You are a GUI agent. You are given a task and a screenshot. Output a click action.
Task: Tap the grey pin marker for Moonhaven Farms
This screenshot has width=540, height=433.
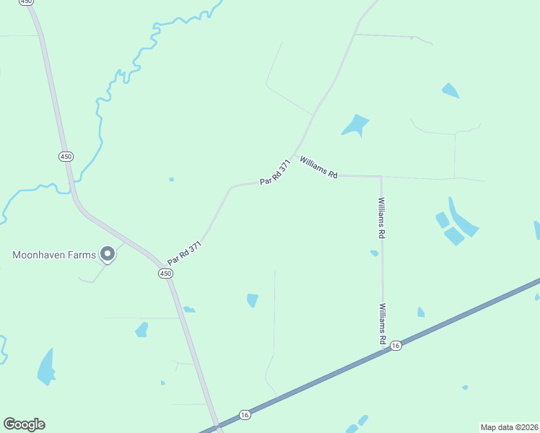(x=108, y=253)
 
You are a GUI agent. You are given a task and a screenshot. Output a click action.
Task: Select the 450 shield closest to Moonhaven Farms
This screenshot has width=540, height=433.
(x=166, y=273)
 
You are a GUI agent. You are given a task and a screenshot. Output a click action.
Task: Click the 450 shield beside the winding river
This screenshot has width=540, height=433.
(x=66, y=156)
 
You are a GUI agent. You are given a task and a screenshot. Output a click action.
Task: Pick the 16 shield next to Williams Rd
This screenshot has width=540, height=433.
(x=396, y=346)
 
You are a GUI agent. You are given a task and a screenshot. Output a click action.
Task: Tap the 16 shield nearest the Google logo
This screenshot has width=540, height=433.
(x=245, y=414)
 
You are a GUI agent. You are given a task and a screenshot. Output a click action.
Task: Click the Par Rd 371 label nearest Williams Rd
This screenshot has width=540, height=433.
(x=276, y=172)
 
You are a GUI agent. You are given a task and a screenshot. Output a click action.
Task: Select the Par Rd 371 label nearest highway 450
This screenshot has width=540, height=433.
(x=183, y=252)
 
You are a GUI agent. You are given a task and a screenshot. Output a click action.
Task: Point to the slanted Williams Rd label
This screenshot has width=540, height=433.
(x=318, y=167)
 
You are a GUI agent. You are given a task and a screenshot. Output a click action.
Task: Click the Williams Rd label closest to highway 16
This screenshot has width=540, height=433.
(x=381, y=323)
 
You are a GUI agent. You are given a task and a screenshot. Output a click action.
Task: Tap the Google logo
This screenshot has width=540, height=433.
(x=24, y=424)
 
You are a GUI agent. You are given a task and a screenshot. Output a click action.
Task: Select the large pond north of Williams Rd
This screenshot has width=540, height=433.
(x=354, y=125)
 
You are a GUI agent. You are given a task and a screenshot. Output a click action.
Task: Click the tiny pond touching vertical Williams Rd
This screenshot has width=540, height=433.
(x=374, y=253)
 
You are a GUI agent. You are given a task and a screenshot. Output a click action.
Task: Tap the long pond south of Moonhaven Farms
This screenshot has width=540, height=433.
(x=46, y=367)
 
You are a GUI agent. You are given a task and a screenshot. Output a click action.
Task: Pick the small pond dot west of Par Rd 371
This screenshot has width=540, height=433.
(x=171, y=179)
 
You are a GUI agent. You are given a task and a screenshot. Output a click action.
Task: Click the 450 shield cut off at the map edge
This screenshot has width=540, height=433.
(x=27, y=2)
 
